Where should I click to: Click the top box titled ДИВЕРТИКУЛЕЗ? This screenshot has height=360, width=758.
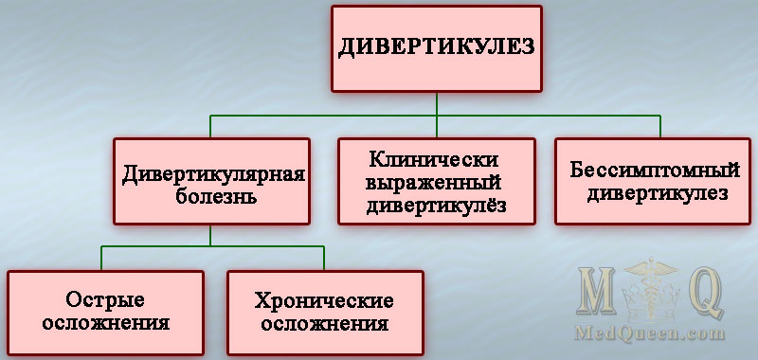pyautogui.click(x=437, y=48)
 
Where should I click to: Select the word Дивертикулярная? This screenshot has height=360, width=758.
pyautogui.click(x=212, y=172)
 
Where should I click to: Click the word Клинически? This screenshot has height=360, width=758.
pyautogui.click(x=435, y=158)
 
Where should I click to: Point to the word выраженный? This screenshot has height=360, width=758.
pyautogui.click(x=435, y=181)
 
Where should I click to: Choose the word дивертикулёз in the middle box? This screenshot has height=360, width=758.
pyautogui.click(x=435, y=204)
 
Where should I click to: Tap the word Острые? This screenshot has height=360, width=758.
pyautogui.click(x=105, y=300)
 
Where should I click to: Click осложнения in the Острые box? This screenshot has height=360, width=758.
pyautogui.click(x=105, y=322)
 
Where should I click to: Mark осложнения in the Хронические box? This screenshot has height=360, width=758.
pyautogui.click(x=324, y=323)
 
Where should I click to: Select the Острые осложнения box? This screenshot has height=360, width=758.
pyautogui.click(x=105, y=312)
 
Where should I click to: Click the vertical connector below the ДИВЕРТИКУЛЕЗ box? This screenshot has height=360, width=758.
pyautogui.click(x=437, y=103)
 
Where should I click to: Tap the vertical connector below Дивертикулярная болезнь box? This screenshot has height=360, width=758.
pyautogui.click(x=211, y=236)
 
